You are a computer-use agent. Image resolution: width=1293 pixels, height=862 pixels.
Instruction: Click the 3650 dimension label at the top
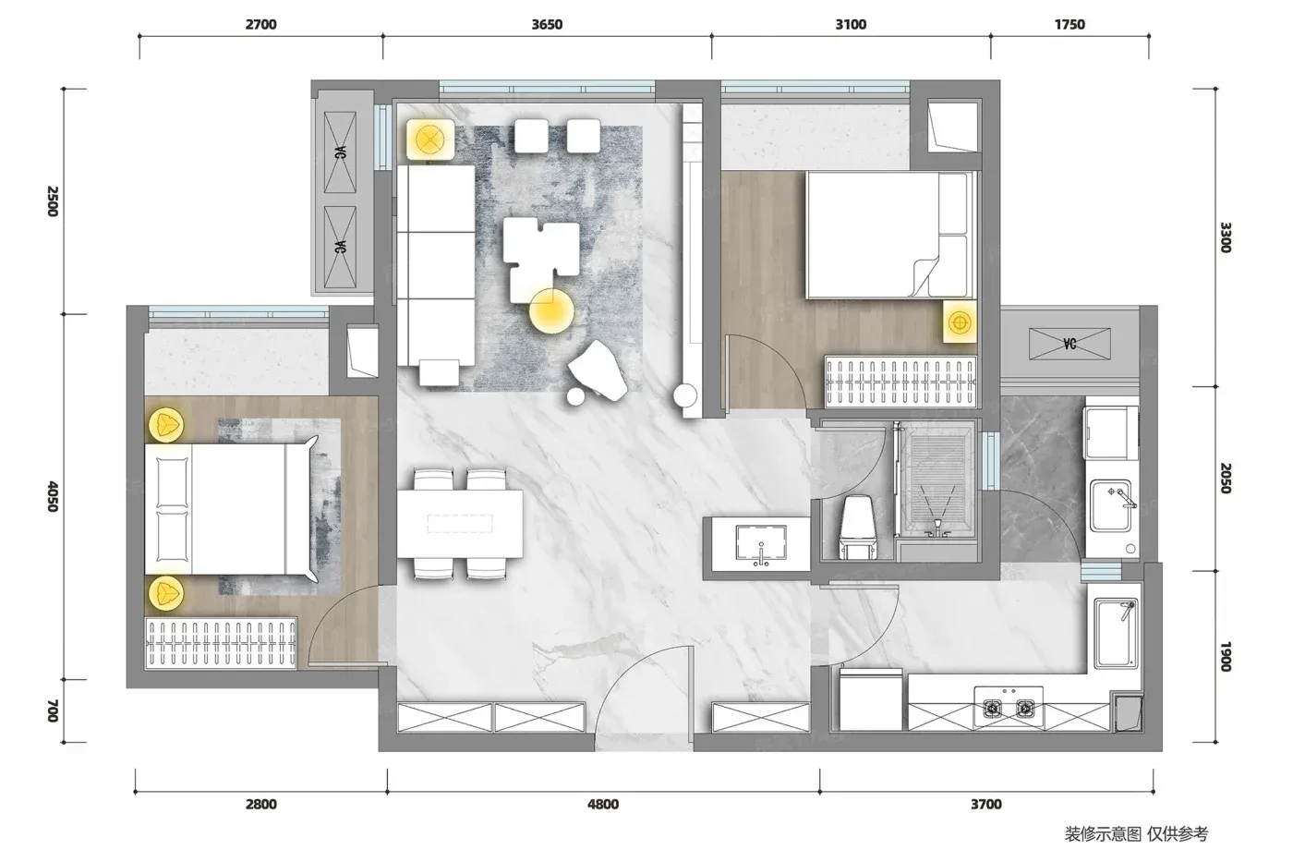click(x=547, y=24)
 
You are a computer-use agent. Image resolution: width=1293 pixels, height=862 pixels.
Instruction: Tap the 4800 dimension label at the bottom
click(x=602, y=805)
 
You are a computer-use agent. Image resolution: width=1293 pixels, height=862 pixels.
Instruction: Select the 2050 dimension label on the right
click(x=1226, y=478)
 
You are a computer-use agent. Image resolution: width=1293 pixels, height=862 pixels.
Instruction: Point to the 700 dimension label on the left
click(x=53, y=710)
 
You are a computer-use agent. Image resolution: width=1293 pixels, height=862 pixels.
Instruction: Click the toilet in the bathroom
click(x=857, y=527)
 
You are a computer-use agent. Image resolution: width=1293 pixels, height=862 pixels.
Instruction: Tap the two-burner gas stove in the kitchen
click(x=1009, y=706)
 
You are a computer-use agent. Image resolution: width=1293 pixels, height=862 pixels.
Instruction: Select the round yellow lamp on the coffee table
click(x=551, y=311)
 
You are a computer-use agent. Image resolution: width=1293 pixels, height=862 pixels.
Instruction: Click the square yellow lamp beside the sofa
click(x=429, y=140)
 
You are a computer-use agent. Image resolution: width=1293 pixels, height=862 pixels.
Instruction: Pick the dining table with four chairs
click(x=460, y=524)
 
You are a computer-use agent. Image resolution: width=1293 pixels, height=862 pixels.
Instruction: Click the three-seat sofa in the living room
click(x=436, y=265)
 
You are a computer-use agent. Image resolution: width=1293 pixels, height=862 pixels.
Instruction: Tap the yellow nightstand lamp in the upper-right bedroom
click(x=960, y=322)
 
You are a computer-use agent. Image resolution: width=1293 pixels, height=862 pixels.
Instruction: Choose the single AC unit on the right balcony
click(x=1069, y=344)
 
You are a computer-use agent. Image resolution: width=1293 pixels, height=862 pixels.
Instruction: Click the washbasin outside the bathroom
click(x=761, y=544)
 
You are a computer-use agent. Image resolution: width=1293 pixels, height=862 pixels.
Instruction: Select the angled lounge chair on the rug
click(x=598, y=370)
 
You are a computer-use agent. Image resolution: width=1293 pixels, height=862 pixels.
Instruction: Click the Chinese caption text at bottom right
click(x=1136, y=833)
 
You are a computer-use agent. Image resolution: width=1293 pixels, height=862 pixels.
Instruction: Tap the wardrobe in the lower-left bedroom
click(x=221, y=644)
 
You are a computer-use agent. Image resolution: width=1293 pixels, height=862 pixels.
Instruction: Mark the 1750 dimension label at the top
click(x=1069, y=24)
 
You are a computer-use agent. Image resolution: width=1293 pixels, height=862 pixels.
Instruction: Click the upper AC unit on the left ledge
click(x=340, y=152)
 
